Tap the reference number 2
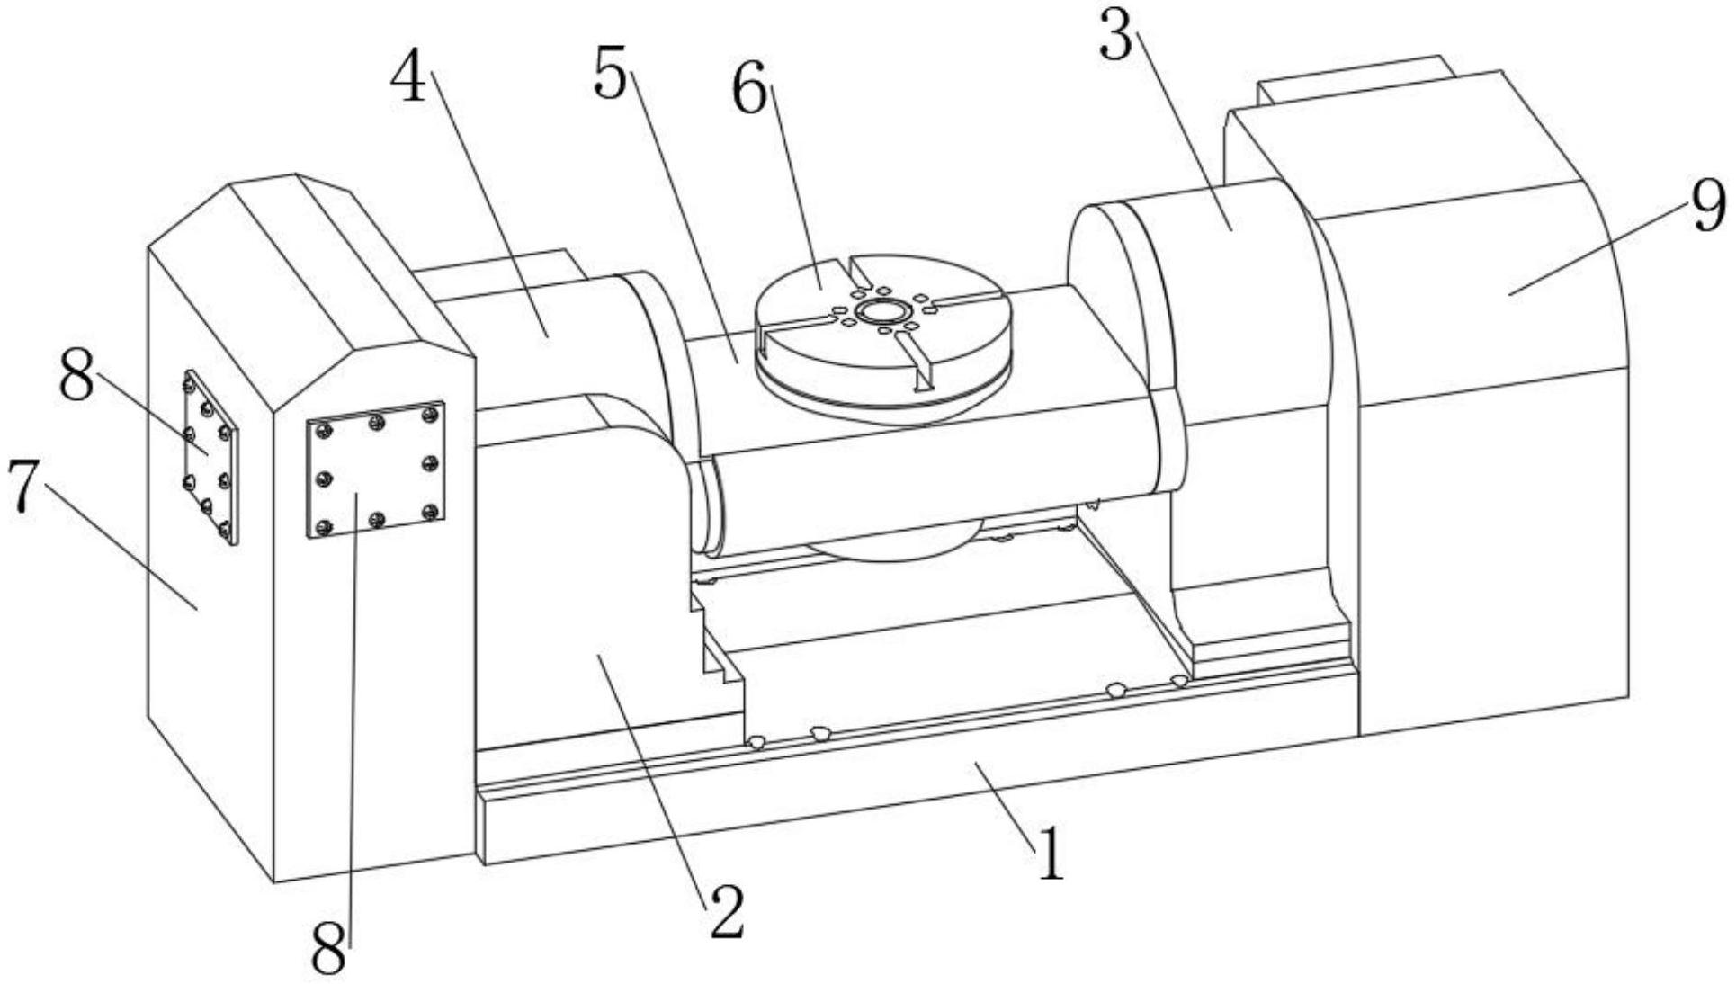(x=727, y=911)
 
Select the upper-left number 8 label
(x=77, y=378)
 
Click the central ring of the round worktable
(x=882, y=312)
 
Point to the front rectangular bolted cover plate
(x=376, y=470)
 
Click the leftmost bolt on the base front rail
(x=757, y=742)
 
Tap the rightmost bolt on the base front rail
(x=1179, y=681)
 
